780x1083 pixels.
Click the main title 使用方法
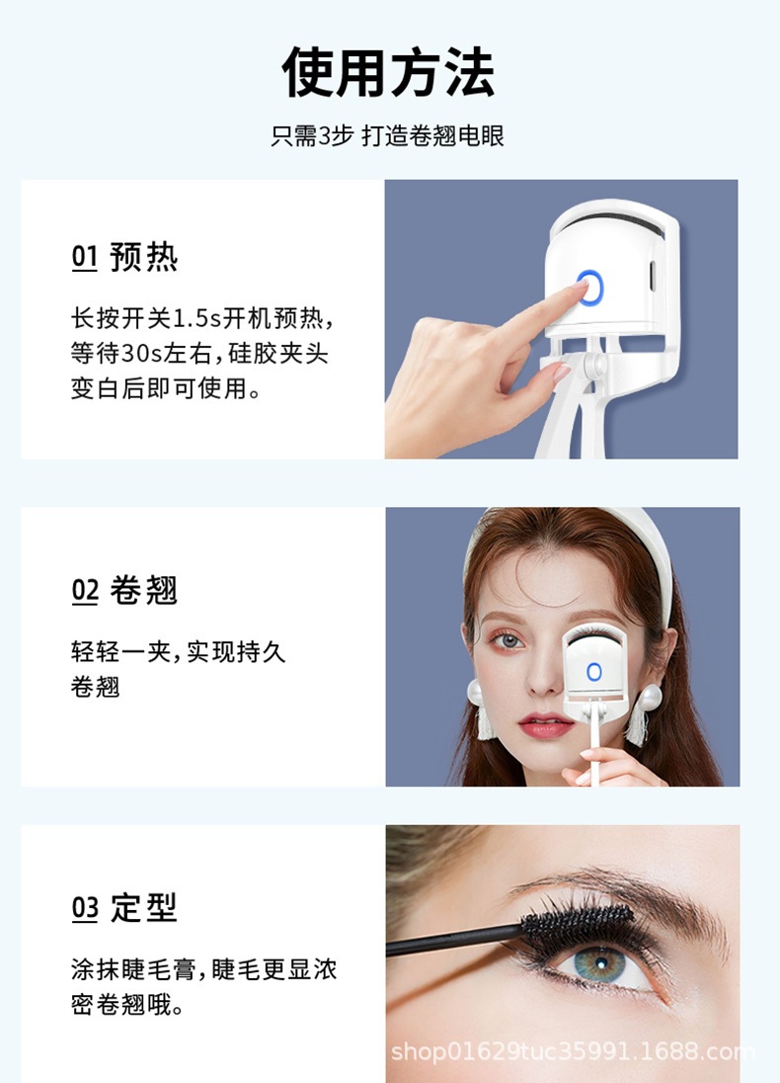coord(388,72)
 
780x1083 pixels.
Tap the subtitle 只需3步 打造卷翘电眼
coord(388,136)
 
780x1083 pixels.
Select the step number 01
coord(85,258)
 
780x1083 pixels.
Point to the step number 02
coord(85,591)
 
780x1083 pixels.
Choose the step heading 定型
coord(144,908)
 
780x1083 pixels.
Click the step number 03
coord(85,909)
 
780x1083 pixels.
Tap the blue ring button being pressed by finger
coord(590,287)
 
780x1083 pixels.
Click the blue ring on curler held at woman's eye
coord(593,672)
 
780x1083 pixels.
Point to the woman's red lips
coord(546,725)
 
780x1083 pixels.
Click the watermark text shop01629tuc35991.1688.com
coord(573,1050)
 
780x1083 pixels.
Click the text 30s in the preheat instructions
coord(147,353)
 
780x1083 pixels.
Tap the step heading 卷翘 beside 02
coord(144,591)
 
